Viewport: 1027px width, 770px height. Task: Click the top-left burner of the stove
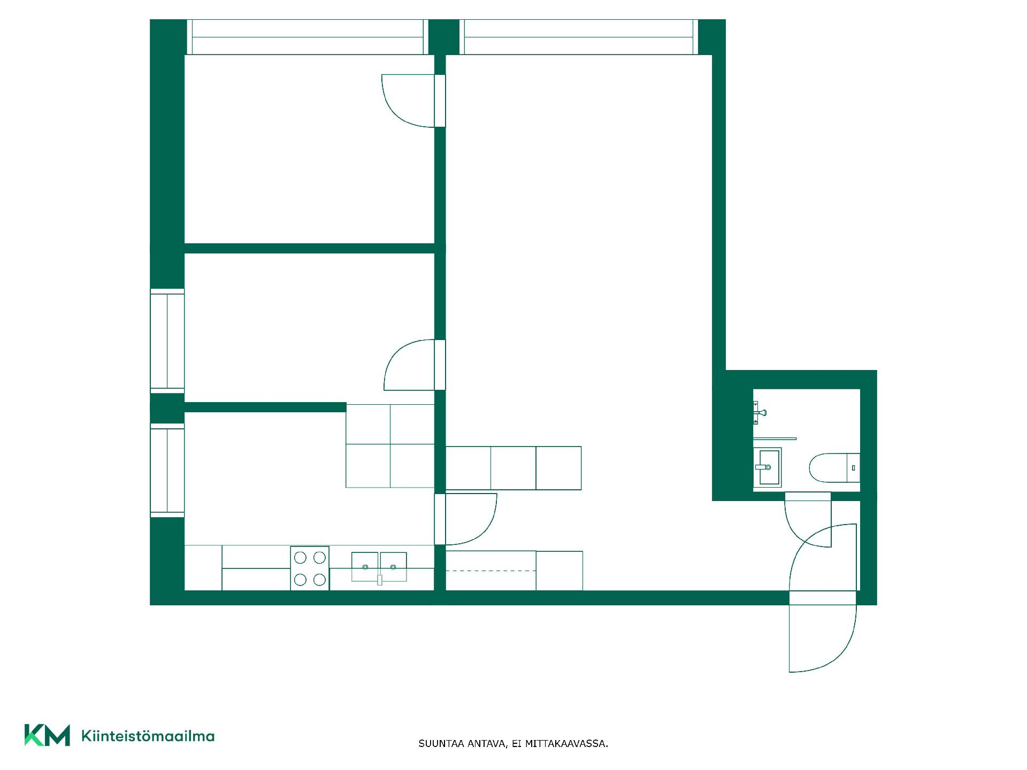pos(300,558)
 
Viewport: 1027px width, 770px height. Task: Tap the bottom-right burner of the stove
pos(319,579)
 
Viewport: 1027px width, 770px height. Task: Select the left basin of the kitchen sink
pos(365,566)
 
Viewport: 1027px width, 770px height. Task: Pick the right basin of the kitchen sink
pos(393,566)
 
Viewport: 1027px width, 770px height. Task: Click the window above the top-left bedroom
pos(308,37)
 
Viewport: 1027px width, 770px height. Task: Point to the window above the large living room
pos(579,37)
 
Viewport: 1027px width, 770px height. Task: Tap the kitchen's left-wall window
pos(167,471)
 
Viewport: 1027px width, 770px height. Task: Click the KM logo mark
pos(47,735)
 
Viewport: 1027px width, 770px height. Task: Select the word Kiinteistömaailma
pos(148,736)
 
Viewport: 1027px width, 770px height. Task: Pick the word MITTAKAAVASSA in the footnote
pos(566,744)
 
